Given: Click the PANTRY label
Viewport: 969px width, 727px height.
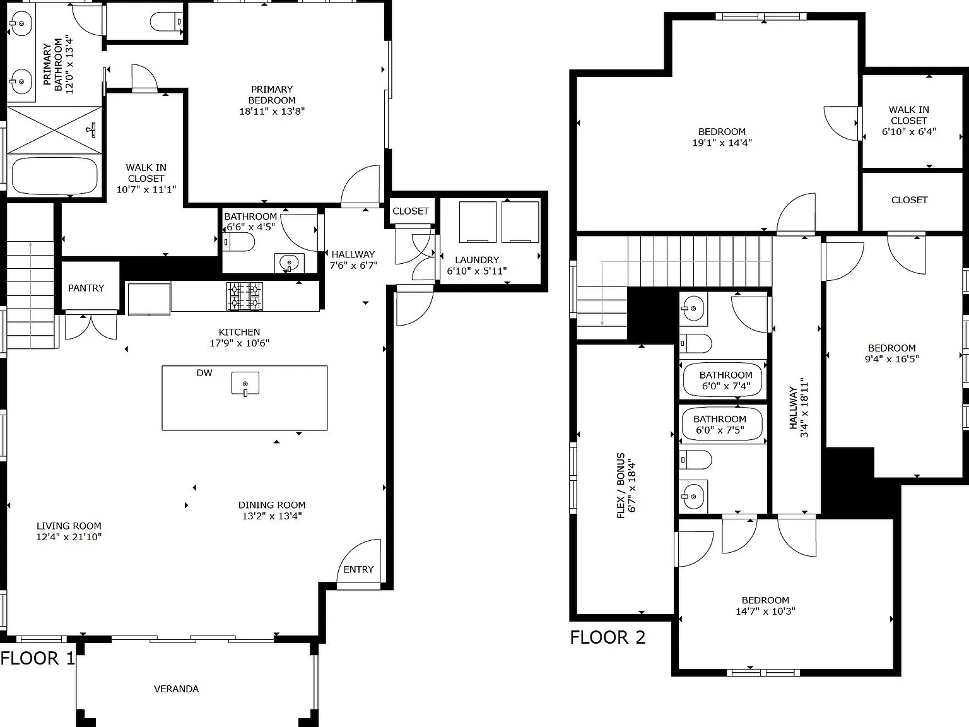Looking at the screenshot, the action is click(86, 288).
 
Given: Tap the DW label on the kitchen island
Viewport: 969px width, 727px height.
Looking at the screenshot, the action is click(204, 373).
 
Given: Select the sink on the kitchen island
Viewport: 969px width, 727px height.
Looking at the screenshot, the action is click(245, 384).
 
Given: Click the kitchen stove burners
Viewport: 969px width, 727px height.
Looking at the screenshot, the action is click(245, 296).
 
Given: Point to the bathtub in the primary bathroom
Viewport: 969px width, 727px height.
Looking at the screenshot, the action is click(54, 175).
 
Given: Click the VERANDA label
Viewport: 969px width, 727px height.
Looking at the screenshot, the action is click(176, 689).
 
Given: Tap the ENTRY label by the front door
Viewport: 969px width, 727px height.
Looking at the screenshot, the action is click(358, 570).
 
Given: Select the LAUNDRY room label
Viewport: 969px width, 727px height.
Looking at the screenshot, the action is click(477, 260).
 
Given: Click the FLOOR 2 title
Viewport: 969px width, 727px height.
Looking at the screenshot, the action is click(608, 637).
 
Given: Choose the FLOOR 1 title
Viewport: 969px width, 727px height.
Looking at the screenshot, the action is click(37, 658).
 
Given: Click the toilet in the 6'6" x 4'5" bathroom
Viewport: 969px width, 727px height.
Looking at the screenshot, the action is click(239, 242).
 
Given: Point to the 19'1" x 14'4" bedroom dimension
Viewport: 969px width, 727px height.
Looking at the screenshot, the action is click(722, 143).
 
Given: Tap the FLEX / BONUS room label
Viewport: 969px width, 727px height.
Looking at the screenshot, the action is click(621, 485).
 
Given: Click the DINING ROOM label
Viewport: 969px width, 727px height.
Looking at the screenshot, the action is click(272, 505).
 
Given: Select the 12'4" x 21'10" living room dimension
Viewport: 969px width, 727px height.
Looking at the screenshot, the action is click(69, 537).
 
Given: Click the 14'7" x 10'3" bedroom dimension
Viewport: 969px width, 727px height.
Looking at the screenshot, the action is click(765, 612).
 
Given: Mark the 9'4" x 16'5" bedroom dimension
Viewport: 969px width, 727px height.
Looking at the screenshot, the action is click(892, 359).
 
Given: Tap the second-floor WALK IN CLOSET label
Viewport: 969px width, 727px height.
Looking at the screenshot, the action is click(909, 115).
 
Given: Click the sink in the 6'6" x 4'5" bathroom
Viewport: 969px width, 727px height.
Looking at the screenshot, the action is click(289, 263).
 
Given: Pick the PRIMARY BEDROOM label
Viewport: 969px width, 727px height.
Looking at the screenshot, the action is click(272, 95).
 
